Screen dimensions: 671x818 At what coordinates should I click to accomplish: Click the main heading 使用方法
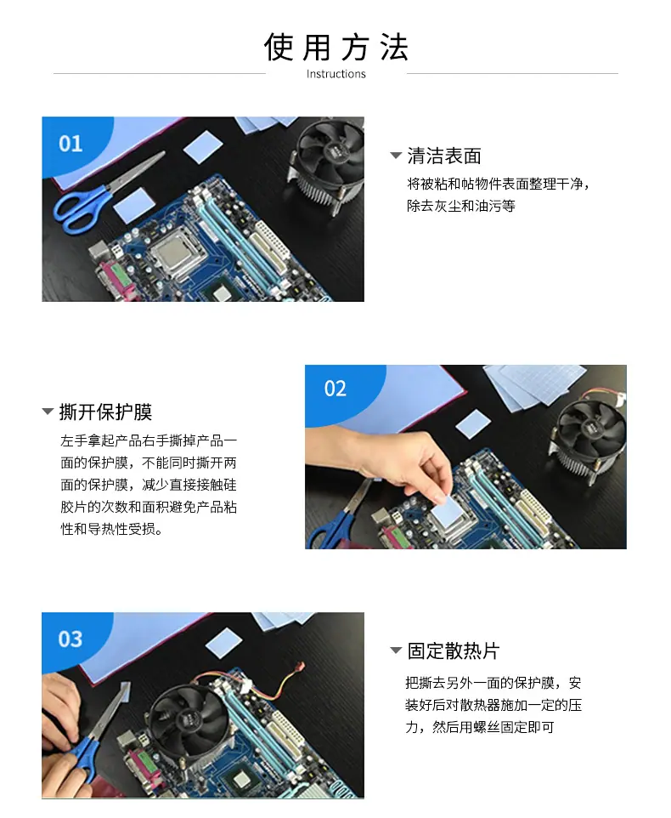[336, 47]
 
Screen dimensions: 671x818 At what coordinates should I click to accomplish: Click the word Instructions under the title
[336, 74]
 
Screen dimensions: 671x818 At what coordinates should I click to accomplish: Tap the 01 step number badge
[70, 144]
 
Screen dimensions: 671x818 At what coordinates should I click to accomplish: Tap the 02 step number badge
[335, 389]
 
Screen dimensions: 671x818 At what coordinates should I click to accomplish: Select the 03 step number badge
[70, 639]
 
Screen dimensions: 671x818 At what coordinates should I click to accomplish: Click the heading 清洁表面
[444, 156]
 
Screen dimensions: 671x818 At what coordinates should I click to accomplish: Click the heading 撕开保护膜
[106, 412]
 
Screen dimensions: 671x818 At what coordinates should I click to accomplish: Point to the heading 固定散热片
[454, 650]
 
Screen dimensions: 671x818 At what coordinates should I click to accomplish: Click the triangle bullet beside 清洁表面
[396, 156]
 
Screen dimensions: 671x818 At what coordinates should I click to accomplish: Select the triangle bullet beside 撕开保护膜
[48, 412]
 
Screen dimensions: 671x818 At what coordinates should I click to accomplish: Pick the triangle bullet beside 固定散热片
[396, 650]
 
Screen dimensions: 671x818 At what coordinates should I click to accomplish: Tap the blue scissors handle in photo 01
[78, 209]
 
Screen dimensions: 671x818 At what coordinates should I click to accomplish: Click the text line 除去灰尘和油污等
[461, 206]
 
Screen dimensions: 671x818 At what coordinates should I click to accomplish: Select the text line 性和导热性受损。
[112, 529]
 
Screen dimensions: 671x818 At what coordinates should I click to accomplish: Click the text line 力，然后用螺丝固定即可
[480, 727]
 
